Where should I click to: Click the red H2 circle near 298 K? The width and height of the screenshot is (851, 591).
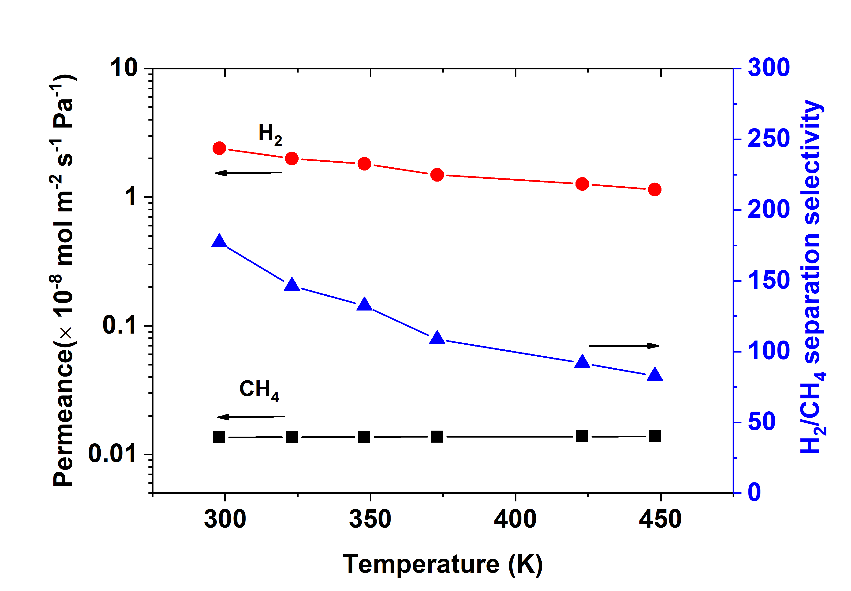tap(219, 148)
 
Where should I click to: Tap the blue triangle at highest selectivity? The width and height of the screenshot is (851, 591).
tap(219, 241)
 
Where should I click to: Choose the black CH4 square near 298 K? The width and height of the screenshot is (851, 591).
tap(219, 437)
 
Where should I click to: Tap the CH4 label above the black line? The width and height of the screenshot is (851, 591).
tap(259, 390)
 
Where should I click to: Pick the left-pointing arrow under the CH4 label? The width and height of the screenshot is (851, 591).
tap(251, 417)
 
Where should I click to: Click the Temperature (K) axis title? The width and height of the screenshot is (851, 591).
tap(442, 564)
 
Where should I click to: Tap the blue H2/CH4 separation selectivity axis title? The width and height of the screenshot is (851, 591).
tap(812, 276)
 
